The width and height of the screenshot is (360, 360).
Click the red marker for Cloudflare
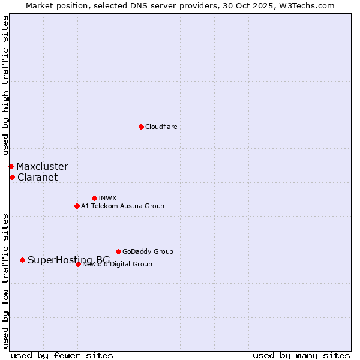(x=141, y=127)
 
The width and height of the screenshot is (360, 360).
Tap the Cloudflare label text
(x=161, y=127)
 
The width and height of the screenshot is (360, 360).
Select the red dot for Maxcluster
(x=11, y=166)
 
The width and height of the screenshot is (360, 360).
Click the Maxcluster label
(x=42, y=167)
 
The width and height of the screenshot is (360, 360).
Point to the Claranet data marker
(x=12, y=177)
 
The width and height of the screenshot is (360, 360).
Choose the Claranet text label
(x=38, y=178)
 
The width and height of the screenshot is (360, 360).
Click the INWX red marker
(x=94, y=198)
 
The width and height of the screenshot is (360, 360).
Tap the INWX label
(x=107, y=198)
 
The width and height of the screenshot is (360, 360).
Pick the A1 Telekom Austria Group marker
(x=77, y=206)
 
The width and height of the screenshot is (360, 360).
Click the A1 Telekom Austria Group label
(x=122, y=206)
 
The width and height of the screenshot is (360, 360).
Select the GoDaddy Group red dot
(x=118, y=251)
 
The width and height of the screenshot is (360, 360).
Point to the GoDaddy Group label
(x=148, y=252)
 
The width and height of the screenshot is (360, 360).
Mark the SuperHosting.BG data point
(x=22, y=260)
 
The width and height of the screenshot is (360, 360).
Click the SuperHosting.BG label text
(x=69, y=260)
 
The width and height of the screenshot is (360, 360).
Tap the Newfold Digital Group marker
(x=78, y=264)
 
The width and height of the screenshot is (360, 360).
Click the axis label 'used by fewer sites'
(x=62, y=355)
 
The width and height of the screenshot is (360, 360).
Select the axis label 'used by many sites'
(x=301, y=355)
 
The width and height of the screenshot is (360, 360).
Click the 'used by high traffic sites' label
(x=6, y=86)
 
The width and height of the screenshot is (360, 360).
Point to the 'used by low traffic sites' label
(x=6, y=280)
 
